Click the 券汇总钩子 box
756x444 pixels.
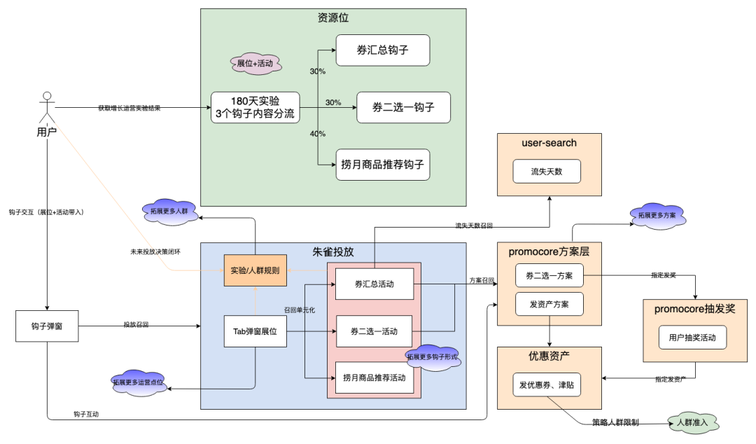382,50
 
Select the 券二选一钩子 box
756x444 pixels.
403,107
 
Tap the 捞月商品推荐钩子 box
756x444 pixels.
382,165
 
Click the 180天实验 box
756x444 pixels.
255,107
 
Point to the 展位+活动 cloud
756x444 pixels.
255,64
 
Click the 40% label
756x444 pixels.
317,134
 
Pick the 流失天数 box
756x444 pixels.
547,171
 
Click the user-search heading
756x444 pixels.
549,143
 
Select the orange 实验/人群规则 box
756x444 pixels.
255,270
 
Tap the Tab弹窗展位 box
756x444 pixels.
255,331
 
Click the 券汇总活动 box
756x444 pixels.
374,284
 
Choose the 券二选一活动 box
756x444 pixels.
374,331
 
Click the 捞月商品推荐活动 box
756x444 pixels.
374,378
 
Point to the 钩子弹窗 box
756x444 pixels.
46,326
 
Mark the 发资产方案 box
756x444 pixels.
549,304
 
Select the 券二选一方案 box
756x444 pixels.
549,275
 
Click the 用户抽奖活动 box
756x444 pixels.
692,338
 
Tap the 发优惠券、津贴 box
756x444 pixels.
546,384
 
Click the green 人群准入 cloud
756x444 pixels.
692,422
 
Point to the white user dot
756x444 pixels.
47,96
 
